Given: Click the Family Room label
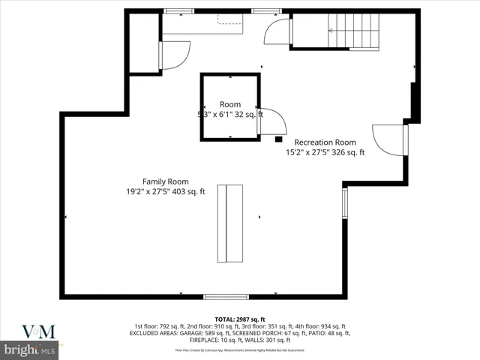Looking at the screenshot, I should point(166,181).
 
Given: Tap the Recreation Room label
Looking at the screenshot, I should point(325,142).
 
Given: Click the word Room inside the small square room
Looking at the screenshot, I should point(230,104).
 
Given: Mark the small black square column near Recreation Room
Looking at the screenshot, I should point(278,139).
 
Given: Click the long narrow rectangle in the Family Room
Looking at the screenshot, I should point(230,223).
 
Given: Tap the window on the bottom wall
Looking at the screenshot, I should point(226,296).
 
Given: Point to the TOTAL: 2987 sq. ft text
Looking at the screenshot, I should point(240,319).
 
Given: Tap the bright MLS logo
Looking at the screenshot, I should point(30,349).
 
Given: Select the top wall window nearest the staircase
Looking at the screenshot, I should point(262,10).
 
